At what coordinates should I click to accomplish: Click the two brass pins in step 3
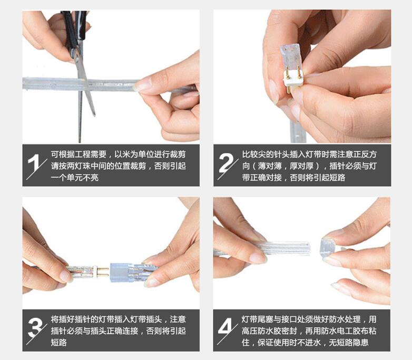coord(103,272)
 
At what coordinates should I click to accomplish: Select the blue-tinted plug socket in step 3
coord(120,273)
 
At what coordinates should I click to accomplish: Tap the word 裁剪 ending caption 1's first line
coord(178,154)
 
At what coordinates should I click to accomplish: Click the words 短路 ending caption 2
coord(337,178)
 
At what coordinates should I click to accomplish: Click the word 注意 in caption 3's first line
coord(178,319)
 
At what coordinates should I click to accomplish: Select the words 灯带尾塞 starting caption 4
coord(258,319)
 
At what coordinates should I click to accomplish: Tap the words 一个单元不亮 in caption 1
coord(75,178)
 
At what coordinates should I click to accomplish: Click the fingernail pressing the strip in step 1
coord(141,85)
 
